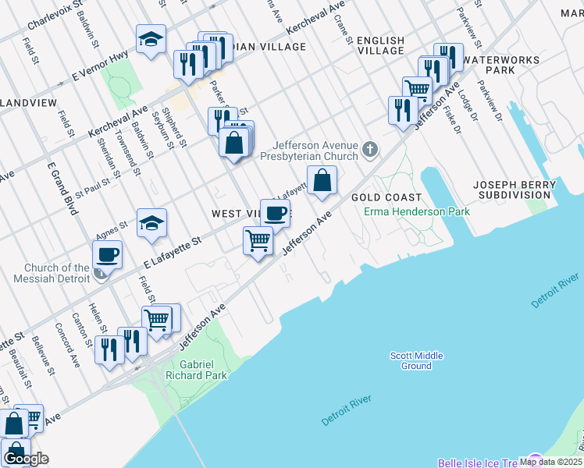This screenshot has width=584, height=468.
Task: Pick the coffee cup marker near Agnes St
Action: point(107,254)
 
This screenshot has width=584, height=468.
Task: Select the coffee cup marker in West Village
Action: point(275,213)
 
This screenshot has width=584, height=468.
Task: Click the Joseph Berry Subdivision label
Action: point(515,190)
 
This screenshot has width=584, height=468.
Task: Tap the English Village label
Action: point(381,45)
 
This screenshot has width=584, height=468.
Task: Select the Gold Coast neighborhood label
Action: point(386,197)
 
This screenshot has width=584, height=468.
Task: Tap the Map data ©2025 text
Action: point(550,462)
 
